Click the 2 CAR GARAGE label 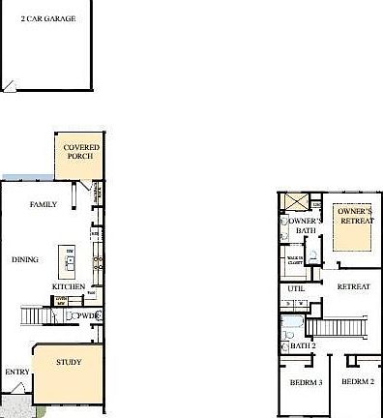click(x=48, y=18)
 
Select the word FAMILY click(x=43, y=204)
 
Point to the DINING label click(x=25, y=259)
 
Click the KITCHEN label click(x=67, y=286)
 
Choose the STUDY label click(x=68, y=363)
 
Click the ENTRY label click(x=16, y=372)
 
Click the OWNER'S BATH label click(x=303, y=225)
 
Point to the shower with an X click(x=294, y=202)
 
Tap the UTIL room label click(x=296, y=288)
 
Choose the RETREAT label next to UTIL click(x=353, y=287)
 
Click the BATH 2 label click(x=304, y=345)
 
